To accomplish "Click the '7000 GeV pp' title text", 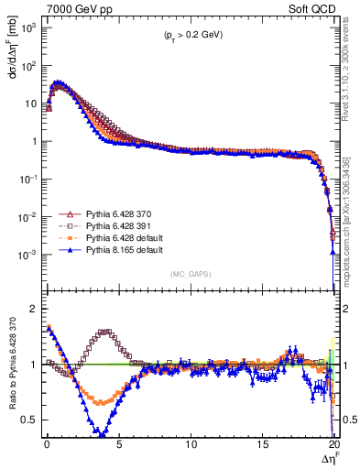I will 74,10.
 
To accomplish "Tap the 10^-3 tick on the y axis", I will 30,254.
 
